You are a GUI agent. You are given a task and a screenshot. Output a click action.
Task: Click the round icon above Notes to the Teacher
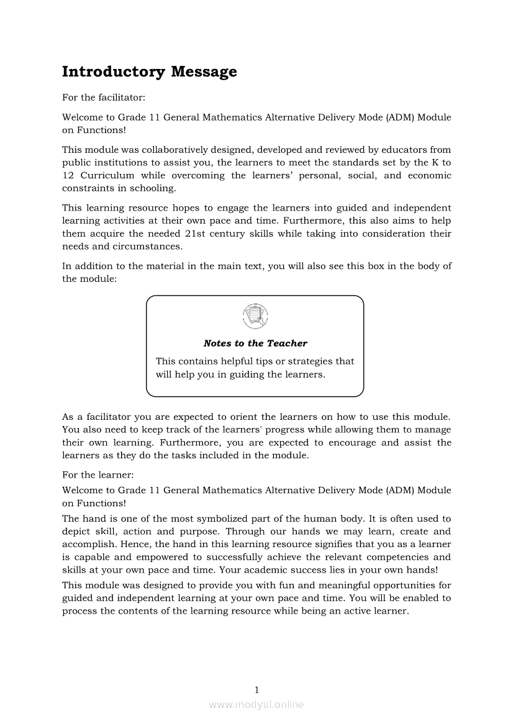pos(255,315)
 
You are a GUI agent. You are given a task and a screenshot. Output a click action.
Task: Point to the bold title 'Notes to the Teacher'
pos(255,343)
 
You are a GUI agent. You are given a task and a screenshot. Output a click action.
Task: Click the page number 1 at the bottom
pos(256,689)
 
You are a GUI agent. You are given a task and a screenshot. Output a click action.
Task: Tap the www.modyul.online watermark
pos(256,705)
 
